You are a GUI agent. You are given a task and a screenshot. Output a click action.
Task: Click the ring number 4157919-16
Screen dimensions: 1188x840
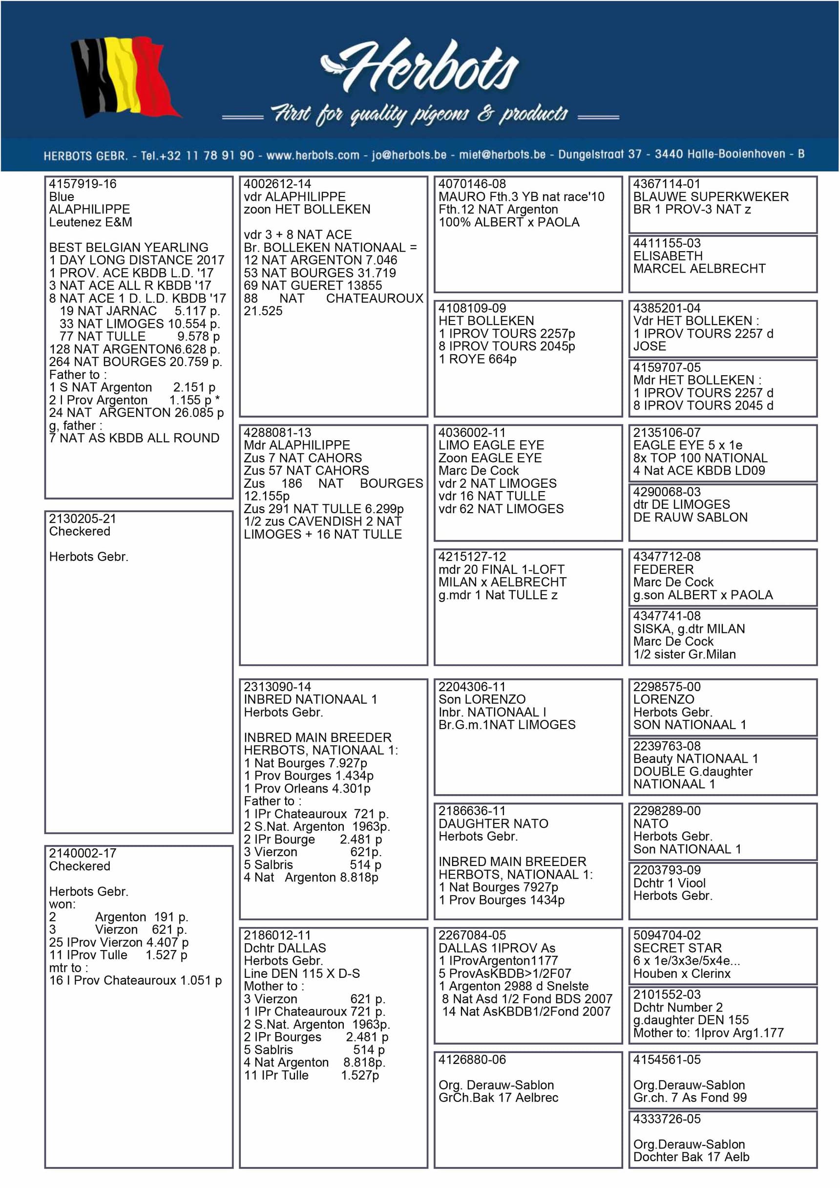coord(83,184)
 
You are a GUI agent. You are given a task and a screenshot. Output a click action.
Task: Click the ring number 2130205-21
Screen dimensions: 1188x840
coord(83,518)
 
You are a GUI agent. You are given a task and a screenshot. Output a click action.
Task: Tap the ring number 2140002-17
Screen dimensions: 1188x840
coord(83,853)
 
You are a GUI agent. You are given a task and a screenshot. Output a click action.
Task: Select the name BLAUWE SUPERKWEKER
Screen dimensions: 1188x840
coord(711,196)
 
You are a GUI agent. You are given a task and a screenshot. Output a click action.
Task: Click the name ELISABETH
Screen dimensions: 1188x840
coord(668,256)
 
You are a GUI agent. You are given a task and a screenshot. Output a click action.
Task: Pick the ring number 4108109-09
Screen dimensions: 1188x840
coord(472,308)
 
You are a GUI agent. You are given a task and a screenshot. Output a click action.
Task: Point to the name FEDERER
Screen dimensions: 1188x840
coord(663,569)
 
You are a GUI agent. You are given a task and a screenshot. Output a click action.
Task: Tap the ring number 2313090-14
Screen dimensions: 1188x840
coord(277,687)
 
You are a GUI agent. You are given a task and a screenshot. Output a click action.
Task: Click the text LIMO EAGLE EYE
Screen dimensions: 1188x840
coord(491,445)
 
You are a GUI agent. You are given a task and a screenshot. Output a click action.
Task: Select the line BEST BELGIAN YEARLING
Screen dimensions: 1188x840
coord(129,247)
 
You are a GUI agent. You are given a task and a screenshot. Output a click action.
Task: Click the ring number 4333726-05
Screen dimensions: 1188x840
coord(667,1119)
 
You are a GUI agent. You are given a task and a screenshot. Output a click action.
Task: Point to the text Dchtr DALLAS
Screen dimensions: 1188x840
coord(285,948)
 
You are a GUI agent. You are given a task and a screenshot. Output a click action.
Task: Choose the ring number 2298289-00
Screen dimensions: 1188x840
coord(667,811)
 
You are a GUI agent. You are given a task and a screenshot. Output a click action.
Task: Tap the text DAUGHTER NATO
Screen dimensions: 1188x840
coord(493,823)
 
